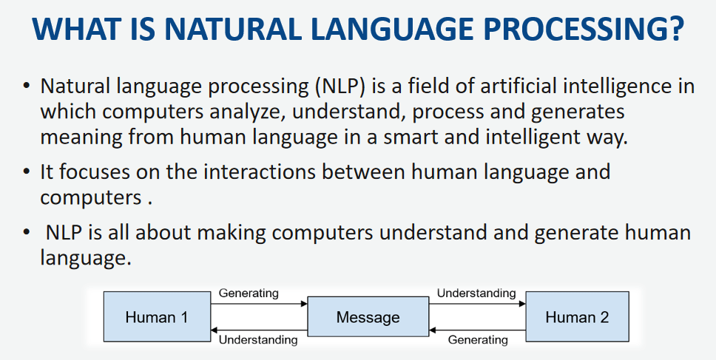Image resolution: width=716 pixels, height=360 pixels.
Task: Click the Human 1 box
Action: pyautogui.click(x=157, y=316)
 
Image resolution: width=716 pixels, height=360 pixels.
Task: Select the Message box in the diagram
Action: pyautogui.click(x=368, y=316)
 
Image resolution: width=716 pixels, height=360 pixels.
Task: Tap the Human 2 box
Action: pyautogui.click(x=577, y=316)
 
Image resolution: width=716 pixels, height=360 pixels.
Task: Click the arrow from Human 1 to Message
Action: pyautogui.click(x=259, y=304)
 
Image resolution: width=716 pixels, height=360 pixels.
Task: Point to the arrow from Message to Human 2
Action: pyautogui.click(x=477, y=304)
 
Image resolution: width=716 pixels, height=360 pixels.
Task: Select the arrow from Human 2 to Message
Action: pyautogui.click(x=477, y=330)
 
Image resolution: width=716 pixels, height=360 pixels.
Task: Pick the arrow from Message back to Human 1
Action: pyautogui.click(x=259, y=330)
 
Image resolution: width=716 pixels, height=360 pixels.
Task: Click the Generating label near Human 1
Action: pyautogui.click(x=249, y=293)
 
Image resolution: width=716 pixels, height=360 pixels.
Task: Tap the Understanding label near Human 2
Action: pyautogui.click(x=476, y=293)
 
